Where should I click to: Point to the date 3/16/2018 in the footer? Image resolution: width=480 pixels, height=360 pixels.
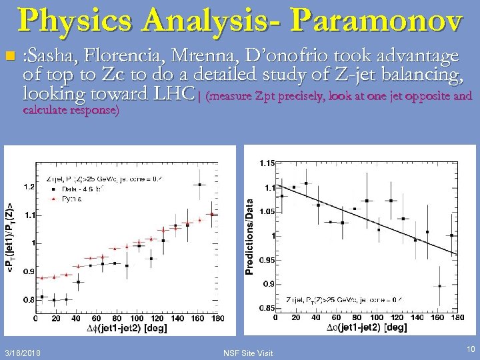(21, 351)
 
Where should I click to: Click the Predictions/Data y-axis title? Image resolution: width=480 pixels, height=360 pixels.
(249, 235)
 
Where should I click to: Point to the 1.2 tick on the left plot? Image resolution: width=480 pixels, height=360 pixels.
(29, 187)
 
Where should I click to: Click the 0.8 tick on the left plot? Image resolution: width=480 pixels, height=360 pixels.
(29, 300)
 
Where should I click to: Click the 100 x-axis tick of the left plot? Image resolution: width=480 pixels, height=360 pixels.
(136, 319)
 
